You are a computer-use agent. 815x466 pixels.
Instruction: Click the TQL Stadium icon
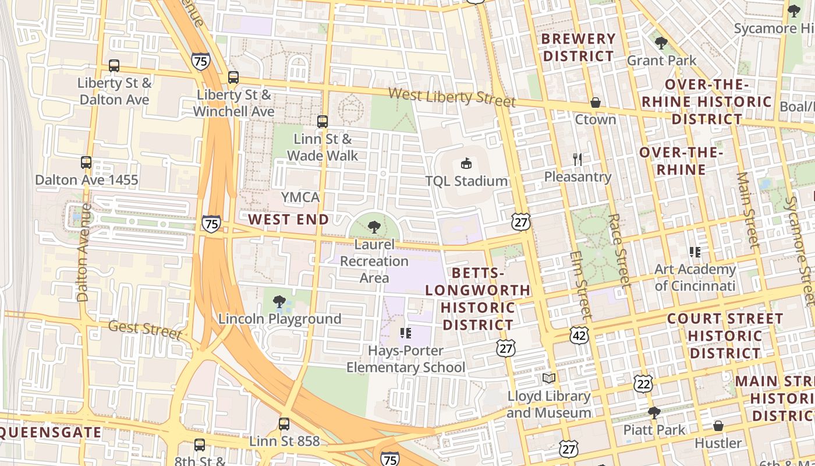click(x=466, y=163)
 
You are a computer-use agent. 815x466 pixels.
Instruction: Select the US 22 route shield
click(x=643, y=384)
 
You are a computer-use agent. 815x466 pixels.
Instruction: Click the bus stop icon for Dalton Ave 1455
click(x=86, y=163)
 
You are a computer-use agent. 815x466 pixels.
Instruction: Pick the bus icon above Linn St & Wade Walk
click(x=323, y=121)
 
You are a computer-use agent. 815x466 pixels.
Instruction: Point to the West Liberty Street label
click(x=452, y=96)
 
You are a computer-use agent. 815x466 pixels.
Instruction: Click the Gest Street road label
click(x=145, y=329)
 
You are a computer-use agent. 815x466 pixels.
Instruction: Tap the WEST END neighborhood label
click(x=288, y=220)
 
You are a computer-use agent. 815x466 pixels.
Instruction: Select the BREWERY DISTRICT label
click(x=579, y=48)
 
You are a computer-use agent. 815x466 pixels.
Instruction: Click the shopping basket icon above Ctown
click(x=595, y=103)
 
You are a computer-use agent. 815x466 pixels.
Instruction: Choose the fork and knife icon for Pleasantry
click(x=577, y=159)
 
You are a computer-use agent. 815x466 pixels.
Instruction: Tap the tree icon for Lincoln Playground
click(x=279, y=302)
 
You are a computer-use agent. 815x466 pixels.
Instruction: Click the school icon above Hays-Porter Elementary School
click(x=406, y=333)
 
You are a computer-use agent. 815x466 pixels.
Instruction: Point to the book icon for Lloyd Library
click(x=549, y=379)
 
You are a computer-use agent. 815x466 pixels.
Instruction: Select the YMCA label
click(x=300, y=197)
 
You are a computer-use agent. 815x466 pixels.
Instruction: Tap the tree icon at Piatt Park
click(x=654, y=413)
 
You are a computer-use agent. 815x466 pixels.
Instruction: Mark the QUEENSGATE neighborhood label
click(x=51, y=432)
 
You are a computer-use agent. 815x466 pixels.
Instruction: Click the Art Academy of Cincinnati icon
click(x=694, y=252)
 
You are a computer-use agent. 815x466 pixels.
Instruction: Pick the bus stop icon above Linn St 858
click(x=284, y=424)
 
